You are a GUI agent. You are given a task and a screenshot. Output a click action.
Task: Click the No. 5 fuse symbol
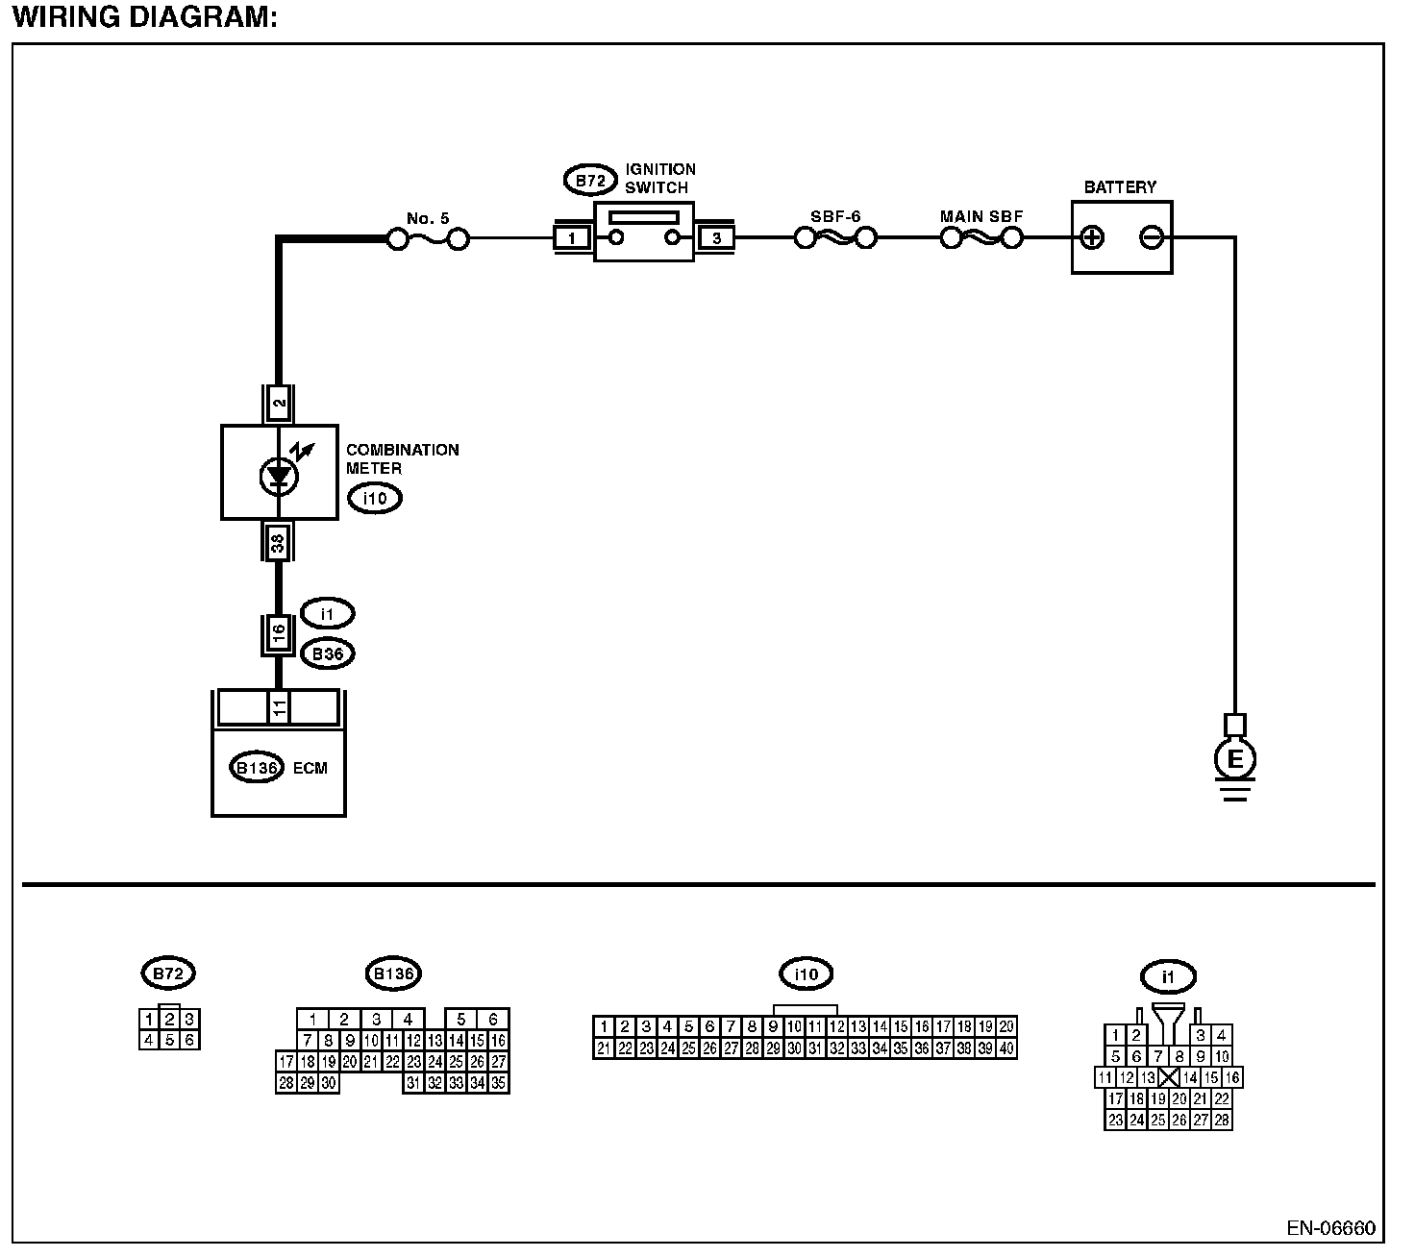[x=428, y=238]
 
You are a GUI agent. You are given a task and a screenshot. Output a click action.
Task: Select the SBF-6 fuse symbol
[x=835, y=237]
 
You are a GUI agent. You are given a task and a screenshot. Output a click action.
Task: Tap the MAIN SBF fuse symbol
[x=981, y=237]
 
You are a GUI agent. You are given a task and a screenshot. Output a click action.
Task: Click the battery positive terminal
[x=1092, y=237]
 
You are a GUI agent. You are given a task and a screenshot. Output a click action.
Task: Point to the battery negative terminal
[x=1151, y=237]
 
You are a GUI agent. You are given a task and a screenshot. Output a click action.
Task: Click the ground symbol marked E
[x=1235, y=760]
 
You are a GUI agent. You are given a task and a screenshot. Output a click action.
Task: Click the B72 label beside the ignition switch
[x=589, y=180]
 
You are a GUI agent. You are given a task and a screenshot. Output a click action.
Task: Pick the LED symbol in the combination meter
[x=279, y=474]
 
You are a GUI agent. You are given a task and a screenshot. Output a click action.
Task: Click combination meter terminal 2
[x=279, y=404]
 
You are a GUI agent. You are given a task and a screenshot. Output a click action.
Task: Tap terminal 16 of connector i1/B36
[x=278, y=633]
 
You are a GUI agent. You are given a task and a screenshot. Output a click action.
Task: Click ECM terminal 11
[x=278, y=708]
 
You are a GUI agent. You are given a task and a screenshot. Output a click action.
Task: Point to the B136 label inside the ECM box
[x=257, y=768]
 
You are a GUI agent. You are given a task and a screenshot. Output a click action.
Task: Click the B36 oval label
[x=327, y=654]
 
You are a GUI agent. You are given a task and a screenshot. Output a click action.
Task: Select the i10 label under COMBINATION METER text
[x=374, y=498]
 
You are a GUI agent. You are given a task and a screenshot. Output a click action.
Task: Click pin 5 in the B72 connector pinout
[x=169, y=1039]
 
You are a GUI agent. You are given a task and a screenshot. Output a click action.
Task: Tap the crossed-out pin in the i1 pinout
[x=1169, y=1077]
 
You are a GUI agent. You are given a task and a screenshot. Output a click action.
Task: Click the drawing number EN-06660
[x=1330, y=1229]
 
